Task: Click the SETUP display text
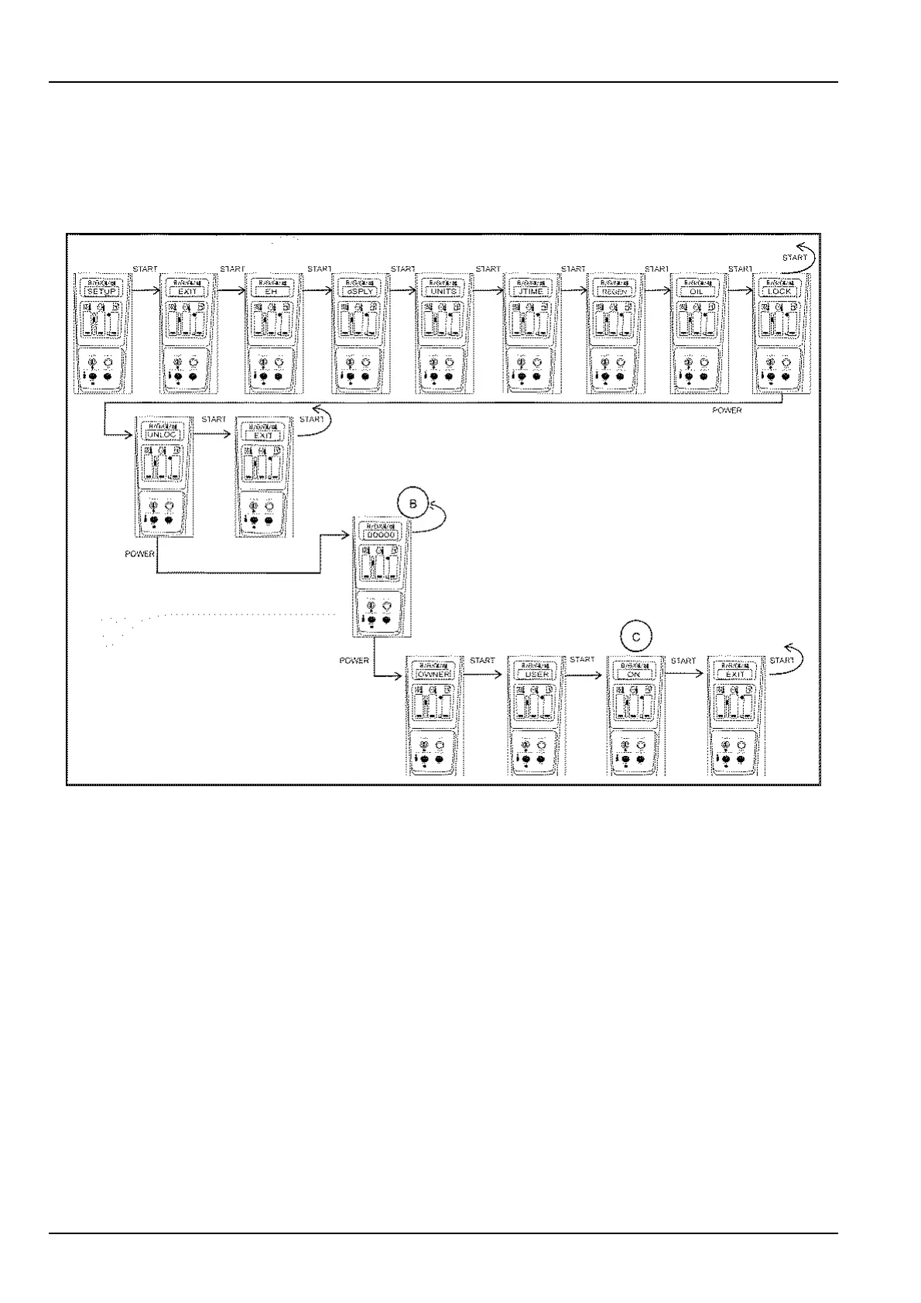[102, 292]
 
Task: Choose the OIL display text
[697, 292]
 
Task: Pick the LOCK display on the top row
[780, 292]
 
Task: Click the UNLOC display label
[161, 435]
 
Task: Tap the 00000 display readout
[380, 535]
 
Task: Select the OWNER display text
[433, 674]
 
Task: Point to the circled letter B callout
[413, 504]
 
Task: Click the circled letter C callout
[636, 637]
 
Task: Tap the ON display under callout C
[635, 674]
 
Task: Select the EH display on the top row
[272, 292]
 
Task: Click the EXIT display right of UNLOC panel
[263, 435]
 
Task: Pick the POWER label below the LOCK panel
[727, 410]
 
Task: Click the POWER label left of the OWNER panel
[354, 661]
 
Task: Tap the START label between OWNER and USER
[481, 661]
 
